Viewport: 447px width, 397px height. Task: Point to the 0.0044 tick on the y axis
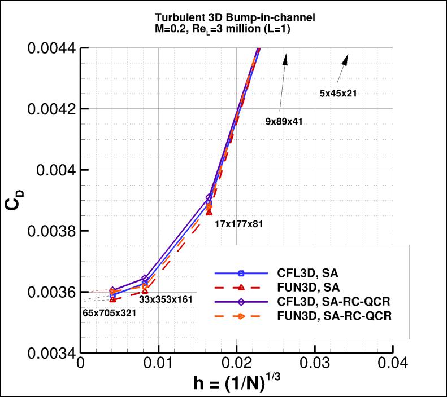coord(51,48)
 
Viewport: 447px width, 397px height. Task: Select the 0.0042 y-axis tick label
coord(51,109)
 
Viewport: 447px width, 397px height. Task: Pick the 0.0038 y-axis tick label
coord(51,231)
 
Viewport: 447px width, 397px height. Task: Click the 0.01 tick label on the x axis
coord(159,364)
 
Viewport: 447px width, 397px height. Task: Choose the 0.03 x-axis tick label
coord(314,364)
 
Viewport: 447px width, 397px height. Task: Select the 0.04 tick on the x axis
coord(392,364)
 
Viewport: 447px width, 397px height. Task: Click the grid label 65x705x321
coord(109,312)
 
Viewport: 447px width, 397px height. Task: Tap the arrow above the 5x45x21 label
coord(342,68)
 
